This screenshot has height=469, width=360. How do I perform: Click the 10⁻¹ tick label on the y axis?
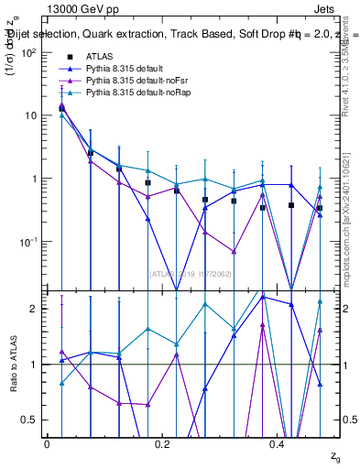(x=29, y=242)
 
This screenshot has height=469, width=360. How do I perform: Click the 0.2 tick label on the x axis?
(x=162, y=443)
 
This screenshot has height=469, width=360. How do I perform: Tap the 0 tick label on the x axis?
(x=47, y=443)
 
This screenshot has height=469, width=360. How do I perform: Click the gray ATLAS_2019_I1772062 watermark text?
(x=191, y=273)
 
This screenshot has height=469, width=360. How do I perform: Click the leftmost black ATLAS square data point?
(x=61, y=108)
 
